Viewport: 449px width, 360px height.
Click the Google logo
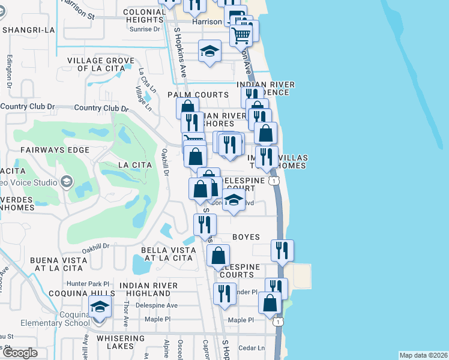click(20, 353)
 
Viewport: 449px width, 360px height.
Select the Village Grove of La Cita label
click(96, 64)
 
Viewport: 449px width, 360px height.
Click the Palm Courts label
click(198, 95)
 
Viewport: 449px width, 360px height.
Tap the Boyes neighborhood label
click(246, 237)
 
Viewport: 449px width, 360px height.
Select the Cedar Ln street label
click(252, 347)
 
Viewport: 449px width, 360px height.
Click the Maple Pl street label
click(241, 320)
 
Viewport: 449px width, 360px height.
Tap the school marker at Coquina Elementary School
click(100, 308)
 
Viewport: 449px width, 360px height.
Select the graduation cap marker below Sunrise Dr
click(209, 52)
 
